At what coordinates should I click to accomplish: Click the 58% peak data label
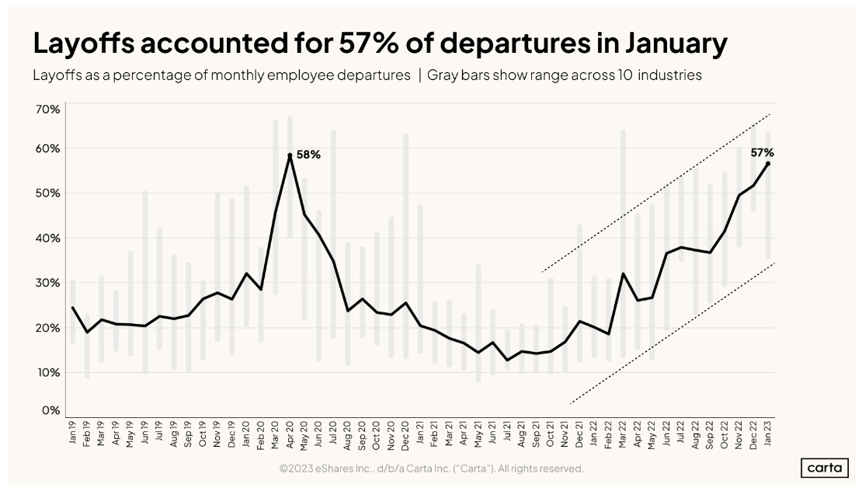click(x=308, y=155)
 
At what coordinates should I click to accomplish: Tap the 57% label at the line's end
click(x=762, y=152)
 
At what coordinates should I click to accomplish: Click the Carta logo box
click(x=824, y=468)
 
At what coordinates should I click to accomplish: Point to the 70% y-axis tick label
click(x=48, y=110)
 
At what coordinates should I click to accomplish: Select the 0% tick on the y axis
click(x=51, y=410)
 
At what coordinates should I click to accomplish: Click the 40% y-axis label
click(x=48, y=238)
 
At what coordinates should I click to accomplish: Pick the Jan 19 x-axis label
click(x=72, y=432)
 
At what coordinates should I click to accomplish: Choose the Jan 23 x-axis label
click(x=767, y=433)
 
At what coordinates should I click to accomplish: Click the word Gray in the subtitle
click(x=441, y=75)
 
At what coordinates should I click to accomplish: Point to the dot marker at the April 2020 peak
click(x=290, y=155)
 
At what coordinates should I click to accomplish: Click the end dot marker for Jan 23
click(x=767, y=163)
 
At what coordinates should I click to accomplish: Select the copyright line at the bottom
click(x=432, y=468)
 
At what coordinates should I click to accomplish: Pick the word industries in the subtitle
click(x=669, y=75)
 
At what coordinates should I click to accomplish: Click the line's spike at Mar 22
click(x=623, y=273)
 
